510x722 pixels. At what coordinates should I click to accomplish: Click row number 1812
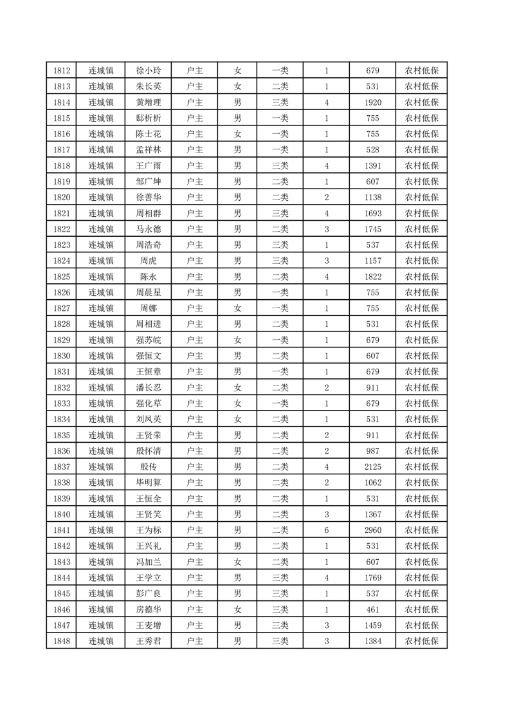(x=62, y=71)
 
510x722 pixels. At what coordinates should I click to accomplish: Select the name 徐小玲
(x=149, y=71)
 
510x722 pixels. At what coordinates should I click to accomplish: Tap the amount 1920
(x=372, y=102)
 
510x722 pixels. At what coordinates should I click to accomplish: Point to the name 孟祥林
(x=149, y=150)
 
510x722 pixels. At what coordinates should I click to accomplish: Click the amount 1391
(x=372, y=166)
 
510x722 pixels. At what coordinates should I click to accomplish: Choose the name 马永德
(x=149, y=229)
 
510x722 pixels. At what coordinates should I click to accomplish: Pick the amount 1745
(x=372, y=229)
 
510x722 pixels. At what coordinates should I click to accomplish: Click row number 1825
(x=62, y=277)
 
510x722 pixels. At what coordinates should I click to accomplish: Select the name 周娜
(x=149, y=308)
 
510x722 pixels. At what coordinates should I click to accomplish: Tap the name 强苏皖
(x=149, y=340)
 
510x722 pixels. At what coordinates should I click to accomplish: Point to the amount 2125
(x=372, y=467)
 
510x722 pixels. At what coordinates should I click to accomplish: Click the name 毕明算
(x=149, y=483)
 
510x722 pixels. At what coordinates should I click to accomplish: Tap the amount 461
(x=372, y=609)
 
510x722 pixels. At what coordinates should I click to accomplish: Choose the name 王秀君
(x=149, y=641)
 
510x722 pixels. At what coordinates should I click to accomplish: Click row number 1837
(x=62, y=467)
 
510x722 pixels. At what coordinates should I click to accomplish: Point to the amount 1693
(x=372, y=213)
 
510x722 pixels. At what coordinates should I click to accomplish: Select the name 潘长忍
(x=149, y=387)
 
